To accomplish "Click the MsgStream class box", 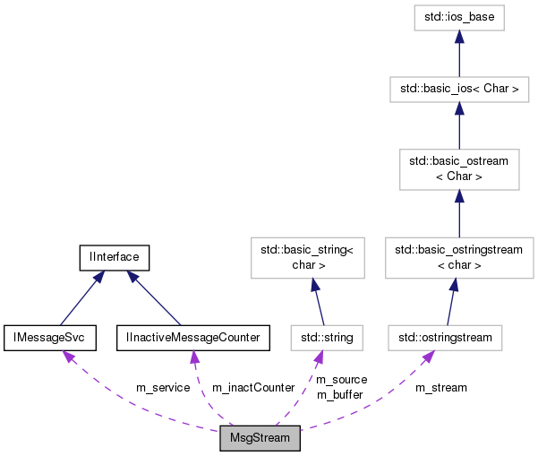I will [260, 440].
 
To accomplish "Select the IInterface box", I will [114, 257].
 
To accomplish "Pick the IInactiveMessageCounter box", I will [192, 337].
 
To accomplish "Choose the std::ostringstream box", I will [445, 338].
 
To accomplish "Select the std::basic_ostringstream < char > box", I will [453, 257].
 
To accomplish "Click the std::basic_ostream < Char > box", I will [458, 168].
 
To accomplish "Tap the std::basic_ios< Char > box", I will [458, 90].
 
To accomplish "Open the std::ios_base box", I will [458, 17].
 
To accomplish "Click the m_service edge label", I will [162, 388].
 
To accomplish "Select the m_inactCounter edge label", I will [252, 388].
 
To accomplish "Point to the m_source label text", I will [341, 380].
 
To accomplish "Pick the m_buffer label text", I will [339, 394].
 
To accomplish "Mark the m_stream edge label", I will [440, 388].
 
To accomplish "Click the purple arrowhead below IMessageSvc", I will [67, 357].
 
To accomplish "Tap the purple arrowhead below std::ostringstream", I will [428, 357].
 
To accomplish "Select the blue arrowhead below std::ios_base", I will [458, 37].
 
